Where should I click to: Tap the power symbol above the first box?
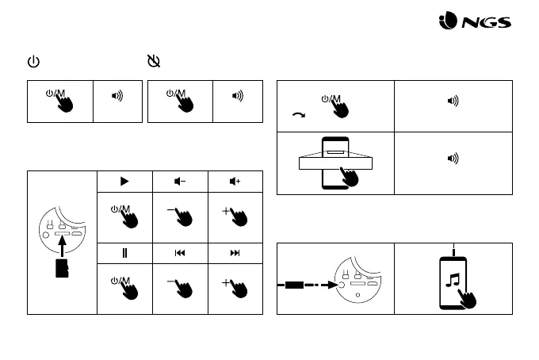click(x=33, y=61)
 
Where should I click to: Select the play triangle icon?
click(x=124, y=181)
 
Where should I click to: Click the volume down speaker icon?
click(x=180, y=181)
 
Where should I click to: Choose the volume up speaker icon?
click(x=235, y=181)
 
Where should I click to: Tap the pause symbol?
click(x=124, y=253)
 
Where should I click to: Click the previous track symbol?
click(x=180, y=253)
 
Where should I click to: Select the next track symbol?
click(x=235, y=253)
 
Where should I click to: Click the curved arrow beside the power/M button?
click(x=299, y=115)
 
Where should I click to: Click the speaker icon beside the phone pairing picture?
click(x=453, y=158)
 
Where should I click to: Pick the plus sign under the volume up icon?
click(x=227, y=210)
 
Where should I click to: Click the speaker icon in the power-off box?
click(x=237, y=96)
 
